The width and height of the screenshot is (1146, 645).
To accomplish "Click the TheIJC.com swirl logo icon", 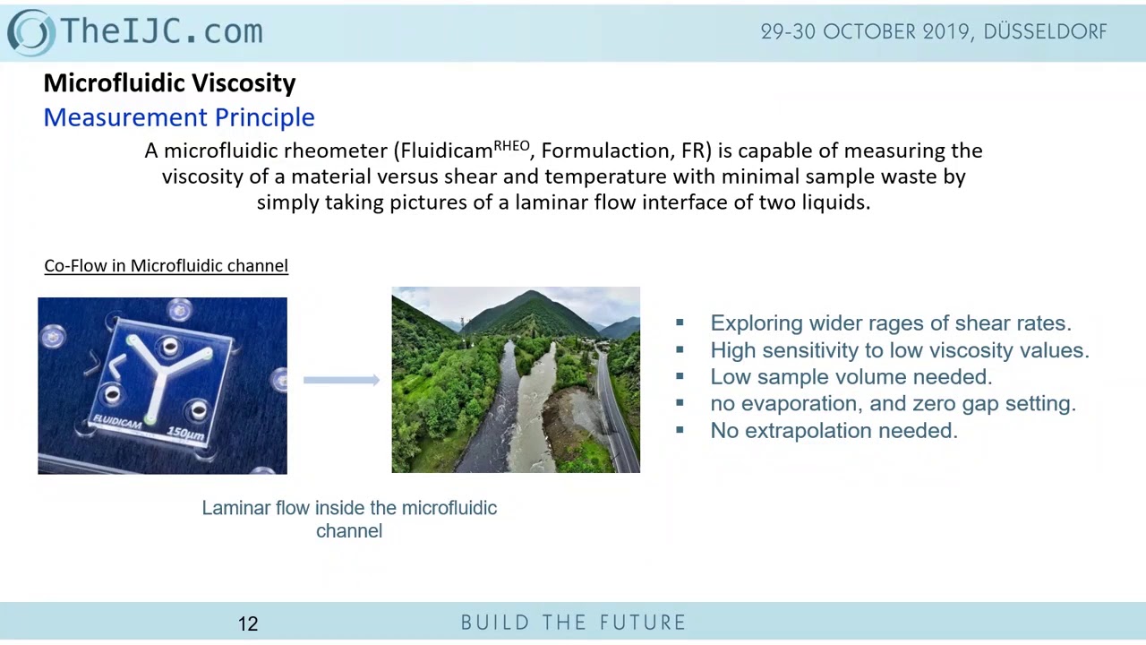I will click(31, 31).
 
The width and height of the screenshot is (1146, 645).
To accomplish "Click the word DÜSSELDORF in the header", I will click(1045, 31).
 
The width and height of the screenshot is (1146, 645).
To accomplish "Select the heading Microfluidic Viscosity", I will click(169, 83).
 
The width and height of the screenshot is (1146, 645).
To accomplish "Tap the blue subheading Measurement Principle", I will click(179, 117).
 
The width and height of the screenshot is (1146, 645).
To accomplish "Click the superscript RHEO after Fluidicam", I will click(511, 145).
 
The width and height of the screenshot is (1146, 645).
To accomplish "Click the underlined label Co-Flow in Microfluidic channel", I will click(166, 266).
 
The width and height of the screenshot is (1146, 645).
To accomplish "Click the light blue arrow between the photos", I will click(341, 381).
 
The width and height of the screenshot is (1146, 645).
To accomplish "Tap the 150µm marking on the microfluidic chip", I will click(185, 434).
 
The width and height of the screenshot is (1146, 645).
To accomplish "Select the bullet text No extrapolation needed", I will click(834, 431).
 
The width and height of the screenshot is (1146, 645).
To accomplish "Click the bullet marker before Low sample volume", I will click(680, 377).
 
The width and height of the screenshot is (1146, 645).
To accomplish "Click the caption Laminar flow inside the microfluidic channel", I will click(349, 519).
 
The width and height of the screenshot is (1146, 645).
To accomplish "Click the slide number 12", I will click(248, 623).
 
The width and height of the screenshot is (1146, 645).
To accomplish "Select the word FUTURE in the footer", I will click(644, 623).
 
